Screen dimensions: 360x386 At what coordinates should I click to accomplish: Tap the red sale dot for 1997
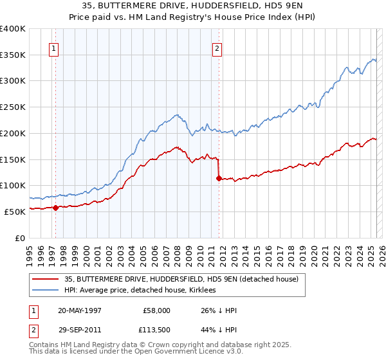(55, 207)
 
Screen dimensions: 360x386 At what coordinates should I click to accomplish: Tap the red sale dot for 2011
(219, 178)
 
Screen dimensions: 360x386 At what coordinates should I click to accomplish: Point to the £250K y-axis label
(13, 107)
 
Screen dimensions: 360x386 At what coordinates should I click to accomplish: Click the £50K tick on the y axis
(15, 211)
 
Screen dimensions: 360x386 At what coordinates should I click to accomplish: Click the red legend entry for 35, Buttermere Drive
(181, 280)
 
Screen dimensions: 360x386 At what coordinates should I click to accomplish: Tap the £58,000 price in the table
(157, 310)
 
